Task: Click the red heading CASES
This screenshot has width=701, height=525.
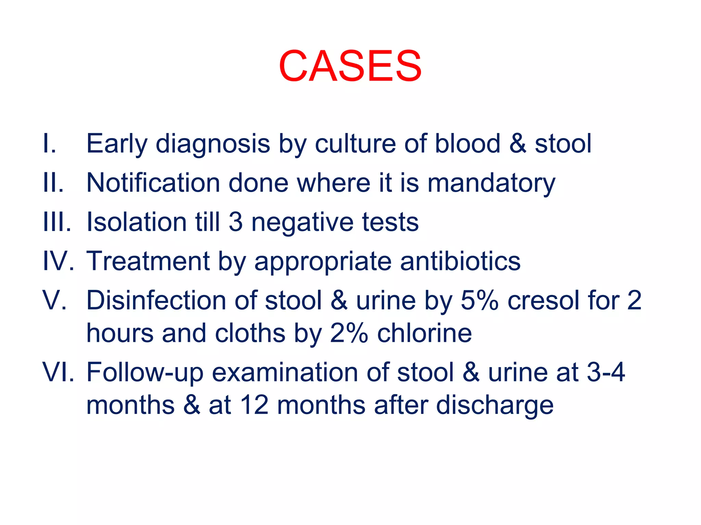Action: tap(350, 66)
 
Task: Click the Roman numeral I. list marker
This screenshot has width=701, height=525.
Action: tap(49, 144)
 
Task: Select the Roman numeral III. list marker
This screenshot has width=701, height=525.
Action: tap(57, 222)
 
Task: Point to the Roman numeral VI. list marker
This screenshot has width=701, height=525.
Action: tap(58, 372)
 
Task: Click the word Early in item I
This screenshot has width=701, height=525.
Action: tap(117, 144)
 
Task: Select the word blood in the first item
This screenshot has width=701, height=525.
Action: tap(468, 144)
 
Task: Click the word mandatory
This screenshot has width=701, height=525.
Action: tap(492, 183)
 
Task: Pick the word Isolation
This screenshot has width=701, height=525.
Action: tap(136, 222)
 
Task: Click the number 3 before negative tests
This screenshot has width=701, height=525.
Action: tap(235, 222)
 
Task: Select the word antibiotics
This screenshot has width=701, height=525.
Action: tap(460, 261)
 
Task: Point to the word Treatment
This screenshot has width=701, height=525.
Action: tap(148, 261)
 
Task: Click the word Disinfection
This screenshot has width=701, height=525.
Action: tap(156, 300)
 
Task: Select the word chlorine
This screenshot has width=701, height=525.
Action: tap(424, 333)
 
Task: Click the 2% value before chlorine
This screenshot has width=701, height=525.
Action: tap(349, 333)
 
